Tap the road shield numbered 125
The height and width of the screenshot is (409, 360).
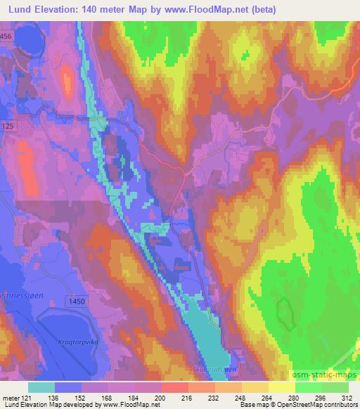point(8,125)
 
